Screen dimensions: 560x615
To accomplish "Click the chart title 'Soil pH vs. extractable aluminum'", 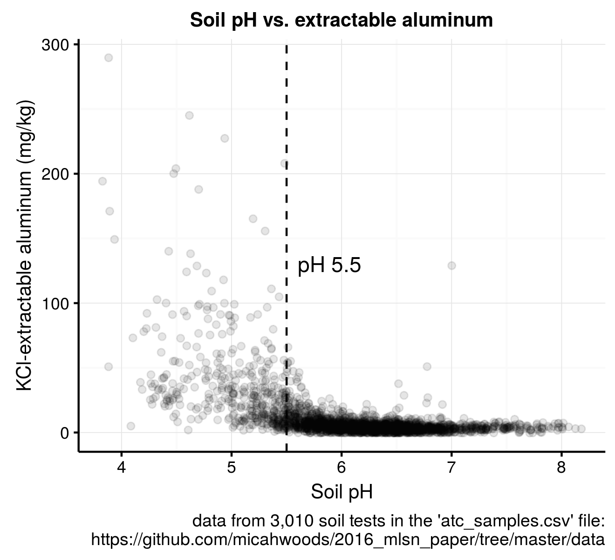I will click(x=341, y=21).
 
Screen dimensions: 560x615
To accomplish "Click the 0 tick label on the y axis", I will click(x=64, y=433).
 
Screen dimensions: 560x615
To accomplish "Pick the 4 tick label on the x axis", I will click(x=122, y=468).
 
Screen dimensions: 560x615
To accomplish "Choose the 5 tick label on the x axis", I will click(x=232, y=468).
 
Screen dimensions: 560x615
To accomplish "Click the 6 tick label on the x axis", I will click(x=342, y=468).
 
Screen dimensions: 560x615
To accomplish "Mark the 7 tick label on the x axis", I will click(x=451, y=468).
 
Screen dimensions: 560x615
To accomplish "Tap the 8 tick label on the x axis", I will click(x=561, y=468).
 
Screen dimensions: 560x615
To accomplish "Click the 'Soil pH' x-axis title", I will click(x=342, y=492).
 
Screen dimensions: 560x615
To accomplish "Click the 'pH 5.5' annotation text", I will click(x=329, y=266).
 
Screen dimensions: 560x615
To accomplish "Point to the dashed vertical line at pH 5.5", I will click(x=286, y=210).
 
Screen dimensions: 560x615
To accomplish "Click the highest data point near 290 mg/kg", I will click(x=109, y=58).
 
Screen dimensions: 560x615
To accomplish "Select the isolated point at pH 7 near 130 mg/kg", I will click(x=451, y=266).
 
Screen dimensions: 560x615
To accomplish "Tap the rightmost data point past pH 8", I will click(x=581, y=428).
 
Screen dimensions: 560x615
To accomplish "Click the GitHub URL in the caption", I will click(x=348, y=540).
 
